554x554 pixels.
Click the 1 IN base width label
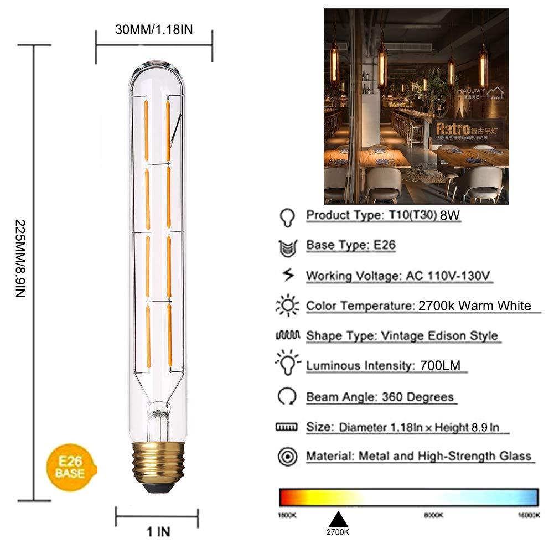click(158, 532)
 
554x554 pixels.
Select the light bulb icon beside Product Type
click(287, 216)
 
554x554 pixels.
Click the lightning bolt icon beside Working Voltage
click(287, 275)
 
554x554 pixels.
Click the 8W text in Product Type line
click(451, 216)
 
